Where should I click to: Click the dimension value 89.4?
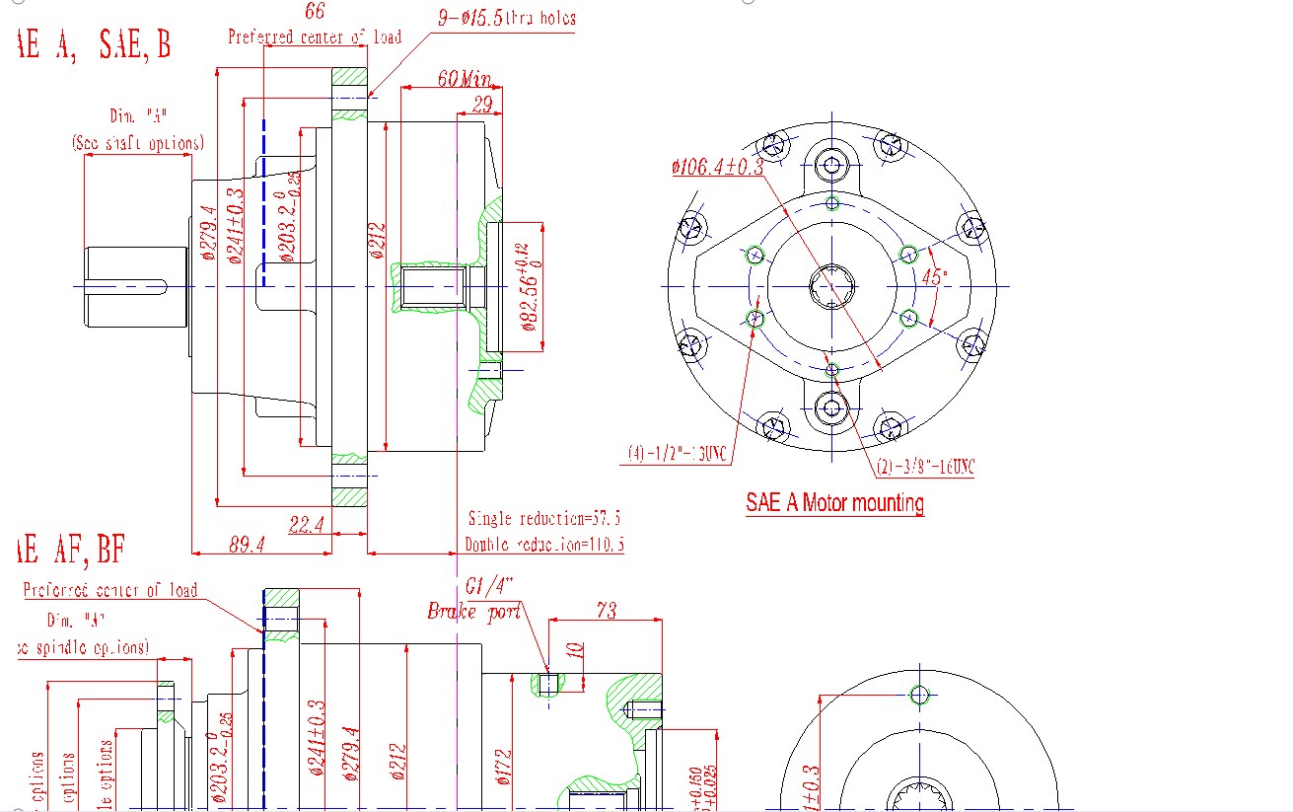point(247,543)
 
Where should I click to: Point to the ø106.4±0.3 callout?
point(717,168)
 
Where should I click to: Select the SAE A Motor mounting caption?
point(834,503)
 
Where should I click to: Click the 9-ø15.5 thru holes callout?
point(506,18)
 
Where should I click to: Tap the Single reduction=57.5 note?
point(545,518)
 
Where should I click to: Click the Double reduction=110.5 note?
point(544,544)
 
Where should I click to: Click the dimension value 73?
point(606,611)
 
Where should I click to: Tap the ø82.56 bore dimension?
point(530,287)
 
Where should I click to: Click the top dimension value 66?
point(315,12)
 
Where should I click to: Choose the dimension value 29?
point(482,105)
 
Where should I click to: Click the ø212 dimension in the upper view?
point(377,241)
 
